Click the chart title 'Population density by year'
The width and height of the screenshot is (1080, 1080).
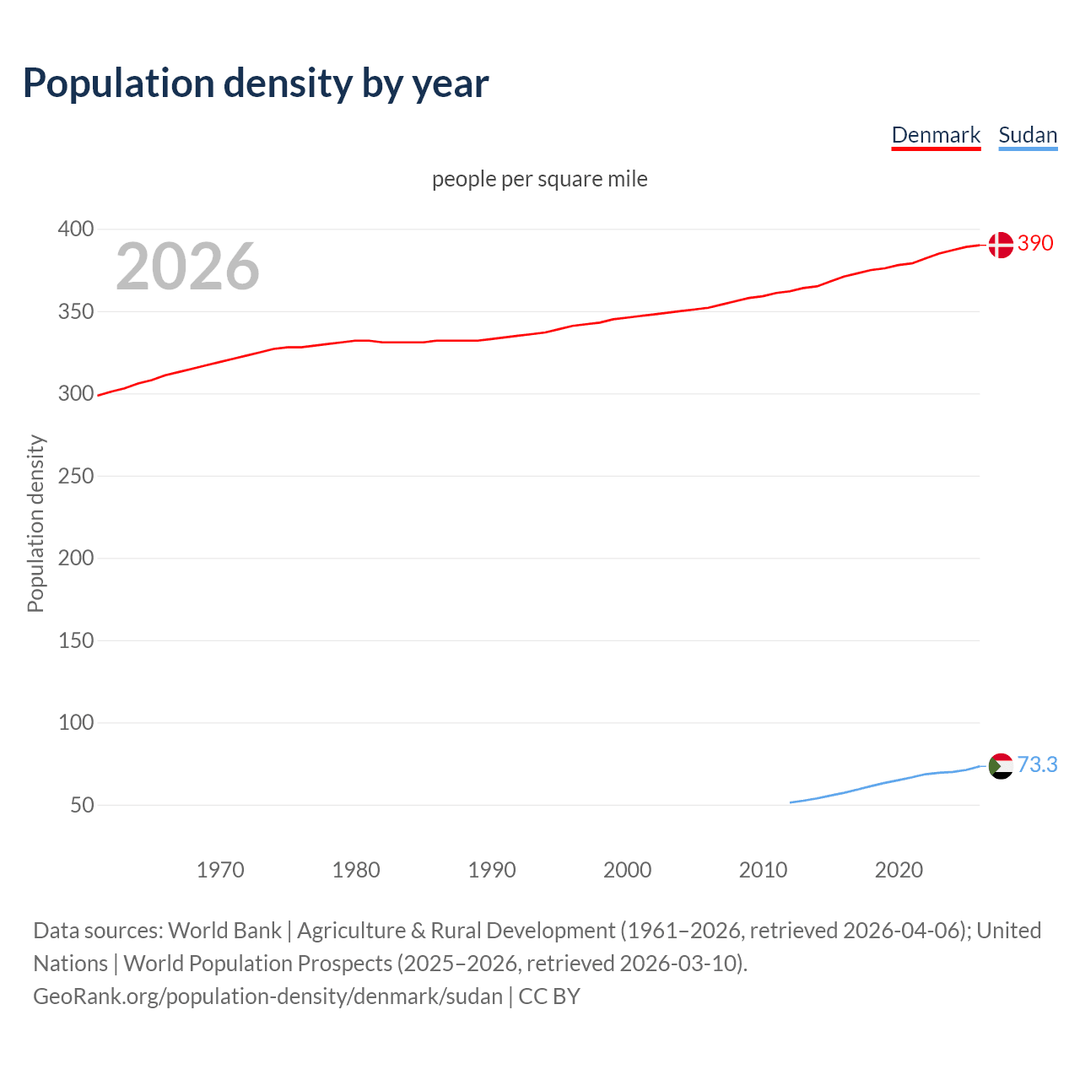pos(256,83)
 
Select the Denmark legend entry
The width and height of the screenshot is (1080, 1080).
pos(936,135)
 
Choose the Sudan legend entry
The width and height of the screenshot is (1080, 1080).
pos(1027,135)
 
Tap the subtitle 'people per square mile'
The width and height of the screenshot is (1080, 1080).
pos(539,179)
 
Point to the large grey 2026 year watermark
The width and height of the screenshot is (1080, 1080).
pos(187,267)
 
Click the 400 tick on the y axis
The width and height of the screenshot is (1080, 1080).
pos(76,229)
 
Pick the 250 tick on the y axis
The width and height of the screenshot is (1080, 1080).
pos(76,476)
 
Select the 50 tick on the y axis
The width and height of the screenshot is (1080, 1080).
pos(82,805)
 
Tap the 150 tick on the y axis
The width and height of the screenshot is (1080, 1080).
pos(76,640)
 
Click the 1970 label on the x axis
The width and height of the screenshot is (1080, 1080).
pos(220,870)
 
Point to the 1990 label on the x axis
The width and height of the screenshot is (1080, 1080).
pos(492,870)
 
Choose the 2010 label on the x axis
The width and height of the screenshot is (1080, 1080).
pos(763,870)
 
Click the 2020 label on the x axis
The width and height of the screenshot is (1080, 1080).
pos(899,870)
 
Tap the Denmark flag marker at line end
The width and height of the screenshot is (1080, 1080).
pos(1001,245)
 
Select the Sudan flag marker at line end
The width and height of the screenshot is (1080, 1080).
pos(1001,766)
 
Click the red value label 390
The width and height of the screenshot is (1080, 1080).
pos(1035,243)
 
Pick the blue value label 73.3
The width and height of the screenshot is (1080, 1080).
pos(1037,764)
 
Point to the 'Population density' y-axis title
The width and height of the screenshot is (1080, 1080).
pos(35,523)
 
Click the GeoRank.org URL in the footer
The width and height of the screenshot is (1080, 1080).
pos(267,996)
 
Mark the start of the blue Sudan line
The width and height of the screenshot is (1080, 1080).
pos(791,802)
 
